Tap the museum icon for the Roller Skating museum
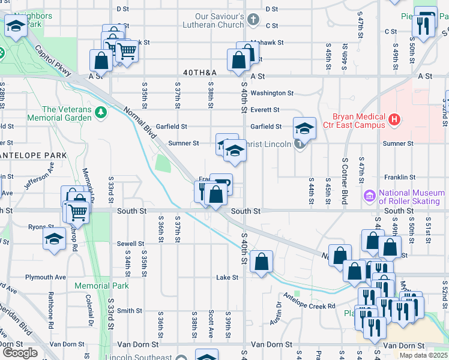click(369, 196)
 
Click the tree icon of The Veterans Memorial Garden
click(101, 112)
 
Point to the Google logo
click(20, 353)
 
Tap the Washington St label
click(271, 93)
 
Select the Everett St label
click(265, 110)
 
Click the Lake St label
click(228, 277)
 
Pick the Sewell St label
click(130, 244)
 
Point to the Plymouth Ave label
click(46, 277)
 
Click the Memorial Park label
click(102, 286)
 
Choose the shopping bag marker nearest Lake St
click(261, 262)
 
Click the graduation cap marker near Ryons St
click(54, 238)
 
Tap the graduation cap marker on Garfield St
click(304, 128)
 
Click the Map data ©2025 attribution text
click(423, 355)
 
